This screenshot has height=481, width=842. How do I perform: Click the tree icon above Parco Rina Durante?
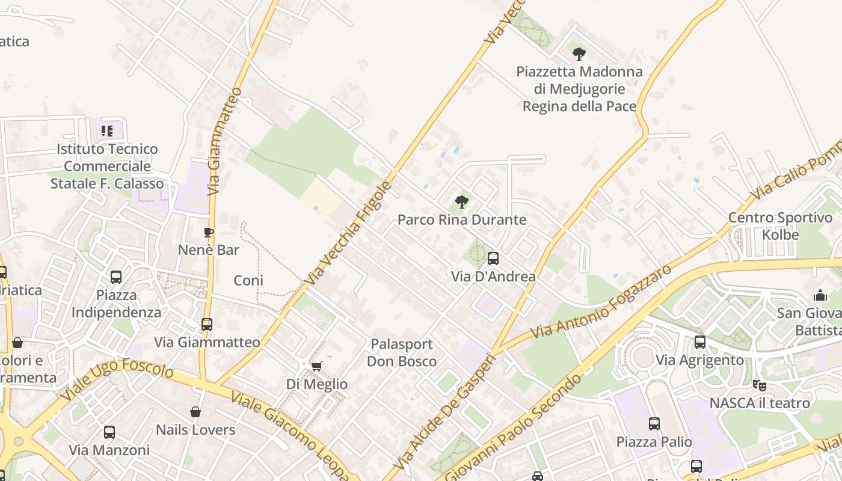461,201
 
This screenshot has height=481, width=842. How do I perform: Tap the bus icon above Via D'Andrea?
493,259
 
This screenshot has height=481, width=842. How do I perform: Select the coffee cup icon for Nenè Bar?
209,232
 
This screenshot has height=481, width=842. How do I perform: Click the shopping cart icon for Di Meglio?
316,366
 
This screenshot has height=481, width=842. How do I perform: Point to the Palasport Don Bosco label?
402,352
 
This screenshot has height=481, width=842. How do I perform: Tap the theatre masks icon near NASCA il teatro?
760,385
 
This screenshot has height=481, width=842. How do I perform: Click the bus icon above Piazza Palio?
654,424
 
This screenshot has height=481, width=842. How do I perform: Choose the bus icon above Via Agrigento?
700,342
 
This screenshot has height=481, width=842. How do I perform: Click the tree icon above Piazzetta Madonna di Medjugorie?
579,54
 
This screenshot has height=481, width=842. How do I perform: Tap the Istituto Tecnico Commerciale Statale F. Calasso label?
107,166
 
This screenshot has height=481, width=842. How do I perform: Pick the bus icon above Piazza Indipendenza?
116,277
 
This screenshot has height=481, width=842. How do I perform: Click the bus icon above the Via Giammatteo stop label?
207,325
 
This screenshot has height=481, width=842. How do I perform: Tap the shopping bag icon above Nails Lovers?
195,412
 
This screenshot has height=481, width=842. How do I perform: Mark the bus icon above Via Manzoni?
109,432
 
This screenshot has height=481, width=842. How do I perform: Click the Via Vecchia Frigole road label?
348,233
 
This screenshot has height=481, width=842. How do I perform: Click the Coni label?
248,280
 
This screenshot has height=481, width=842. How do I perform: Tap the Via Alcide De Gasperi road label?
445,413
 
